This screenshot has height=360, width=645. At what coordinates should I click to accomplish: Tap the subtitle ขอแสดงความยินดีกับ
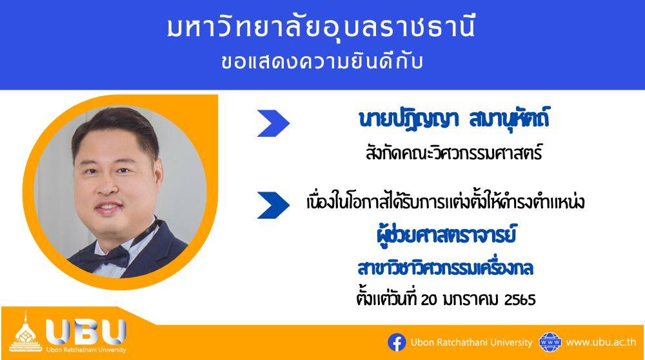322,63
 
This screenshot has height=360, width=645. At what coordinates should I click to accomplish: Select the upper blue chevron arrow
273,123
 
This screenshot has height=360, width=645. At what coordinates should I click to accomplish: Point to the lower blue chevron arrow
273,205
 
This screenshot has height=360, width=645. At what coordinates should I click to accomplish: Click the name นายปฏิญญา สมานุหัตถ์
453,119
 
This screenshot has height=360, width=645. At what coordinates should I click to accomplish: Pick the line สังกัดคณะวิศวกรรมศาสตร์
453,154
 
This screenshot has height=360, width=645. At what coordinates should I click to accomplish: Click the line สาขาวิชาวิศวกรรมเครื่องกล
446,268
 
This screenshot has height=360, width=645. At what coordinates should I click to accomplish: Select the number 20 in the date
428,299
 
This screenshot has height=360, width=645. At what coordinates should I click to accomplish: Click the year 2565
520,299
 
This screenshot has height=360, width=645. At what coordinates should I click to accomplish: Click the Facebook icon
397,343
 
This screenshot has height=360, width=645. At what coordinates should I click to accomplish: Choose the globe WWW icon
550,343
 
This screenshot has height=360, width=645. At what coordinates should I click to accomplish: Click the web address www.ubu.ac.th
601,343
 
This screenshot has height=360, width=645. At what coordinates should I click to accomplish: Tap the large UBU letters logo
86,332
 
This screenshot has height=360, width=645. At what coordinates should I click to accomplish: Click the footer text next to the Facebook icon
471,343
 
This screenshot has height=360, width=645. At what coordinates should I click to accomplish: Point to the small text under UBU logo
86,350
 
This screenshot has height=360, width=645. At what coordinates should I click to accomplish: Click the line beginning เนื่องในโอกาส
446,202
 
